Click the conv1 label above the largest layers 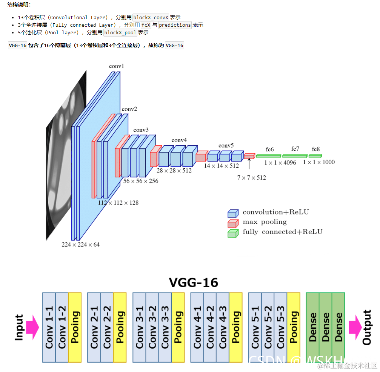[x=117, y=66]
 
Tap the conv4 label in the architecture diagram [x=179, y=140]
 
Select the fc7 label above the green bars [x=295, y=149]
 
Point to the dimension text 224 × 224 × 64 [x=81, y=244]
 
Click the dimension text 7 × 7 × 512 [x=251, y=177]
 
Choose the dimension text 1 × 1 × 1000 [x=318, y=162]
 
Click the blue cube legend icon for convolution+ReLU [x=233, y=213]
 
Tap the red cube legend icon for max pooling [x=233, y=223]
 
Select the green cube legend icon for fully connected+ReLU [x=233, y=233]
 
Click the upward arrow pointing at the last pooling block [x=249, y=164]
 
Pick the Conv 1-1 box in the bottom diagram [x=49, y=327]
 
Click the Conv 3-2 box [x=152, y=327]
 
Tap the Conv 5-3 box [x=280, y=327]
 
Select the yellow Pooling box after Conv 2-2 [x=120, y=327]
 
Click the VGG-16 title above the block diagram [x=193, y=282]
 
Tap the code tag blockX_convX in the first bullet [x=151, y=17]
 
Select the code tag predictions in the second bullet [x=175, y=25]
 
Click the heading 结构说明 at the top [x=19, y=5]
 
